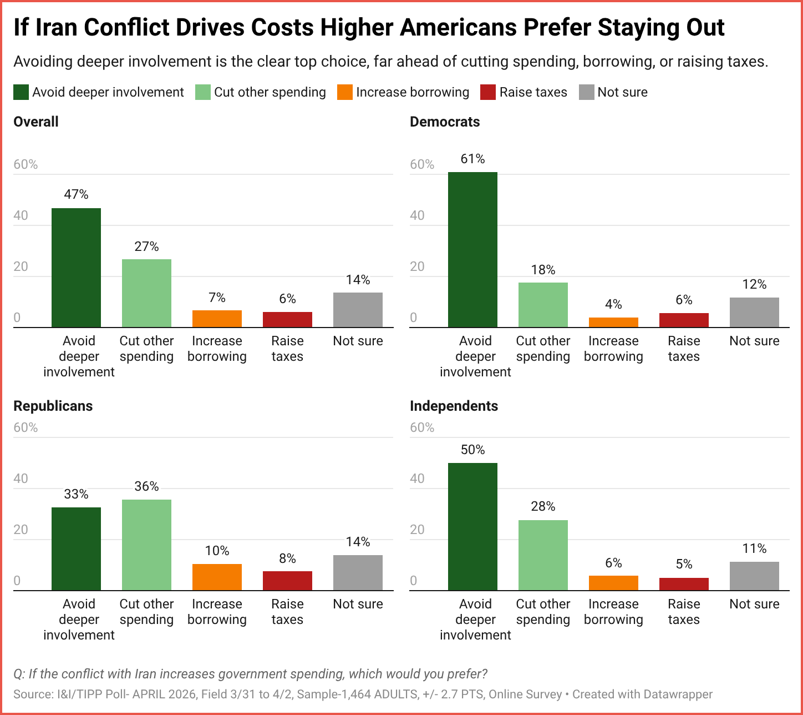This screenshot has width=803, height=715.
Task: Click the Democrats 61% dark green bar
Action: tap(472, 250)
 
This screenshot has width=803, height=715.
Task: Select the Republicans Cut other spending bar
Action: tap(146, 545)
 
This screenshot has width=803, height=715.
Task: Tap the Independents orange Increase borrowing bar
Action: tap(613, 583)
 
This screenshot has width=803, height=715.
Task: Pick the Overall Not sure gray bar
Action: tap(358, 310)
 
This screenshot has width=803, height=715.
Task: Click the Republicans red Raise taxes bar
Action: tap(287, 581)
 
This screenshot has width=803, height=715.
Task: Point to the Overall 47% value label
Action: tap(76, 194)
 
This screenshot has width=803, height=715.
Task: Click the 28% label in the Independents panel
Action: tap(543, 506)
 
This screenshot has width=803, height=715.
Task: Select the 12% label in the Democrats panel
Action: tap(754, 284)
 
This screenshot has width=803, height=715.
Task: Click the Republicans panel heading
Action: tap(53, 406)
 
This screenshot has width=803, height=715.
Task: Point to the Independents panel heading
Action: tap(454, 406)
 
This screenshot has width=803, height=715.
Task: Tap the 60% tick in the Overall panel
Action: tap(26, 164)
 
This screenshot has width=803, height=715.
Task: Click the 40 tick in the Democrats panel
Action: tap(417, 215)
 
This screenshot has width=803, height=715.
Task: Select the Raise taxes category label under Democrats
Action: tap(684, 349)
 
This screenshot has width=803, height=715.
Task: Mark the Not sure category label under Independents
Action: tap(754, 604)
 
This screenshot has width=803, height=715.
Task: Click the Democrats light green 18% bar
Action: tap(543, 305)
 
